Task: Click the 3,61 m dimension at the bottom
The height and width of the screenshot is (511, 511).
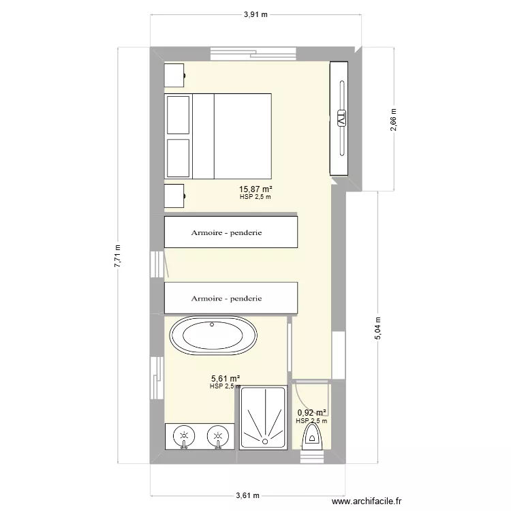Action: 247,496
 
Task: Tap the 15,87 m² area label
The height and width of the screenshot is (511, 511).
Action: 255,190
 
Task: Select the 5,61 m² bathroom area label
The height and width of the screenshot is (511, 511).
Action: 225,379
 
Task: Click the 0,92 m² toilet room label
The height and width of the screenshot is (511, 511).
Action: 312,412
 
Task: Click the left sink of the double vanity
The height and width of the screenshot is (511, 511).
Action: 183,436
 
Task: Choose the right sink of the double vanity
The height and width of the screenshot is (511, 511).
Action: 217,436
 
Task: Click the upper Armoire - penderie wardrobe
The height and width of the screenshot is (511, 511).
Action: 230,232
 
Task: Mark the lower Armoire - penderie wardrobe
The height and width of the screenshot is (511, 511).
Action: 230,298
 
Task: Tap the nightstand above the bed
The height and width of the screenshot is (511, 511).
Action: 174,74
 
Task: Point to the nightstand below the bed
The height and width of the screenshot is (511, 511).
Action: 174,195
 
